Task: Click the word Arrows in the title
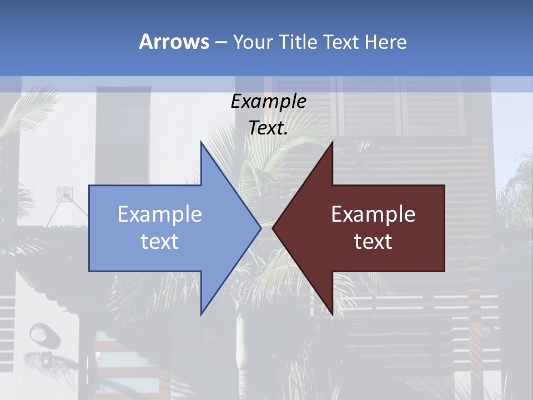[173, 42]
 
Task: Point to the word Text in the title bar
[343, 42]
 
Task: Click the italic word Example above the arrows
[269, 102]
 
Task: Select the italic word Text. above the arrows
[269, 128]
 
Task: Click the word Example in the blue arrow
[160, 214]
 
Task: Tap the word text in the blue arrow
[160, 242]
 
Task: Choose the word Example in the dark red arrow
[373, 214]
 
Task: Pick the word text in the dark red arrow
[373, 242]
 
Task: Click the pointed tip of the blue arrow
[260, 227]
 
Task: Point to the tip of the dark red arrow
[274, 227]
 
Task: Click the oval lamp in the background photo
[40, 333]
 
